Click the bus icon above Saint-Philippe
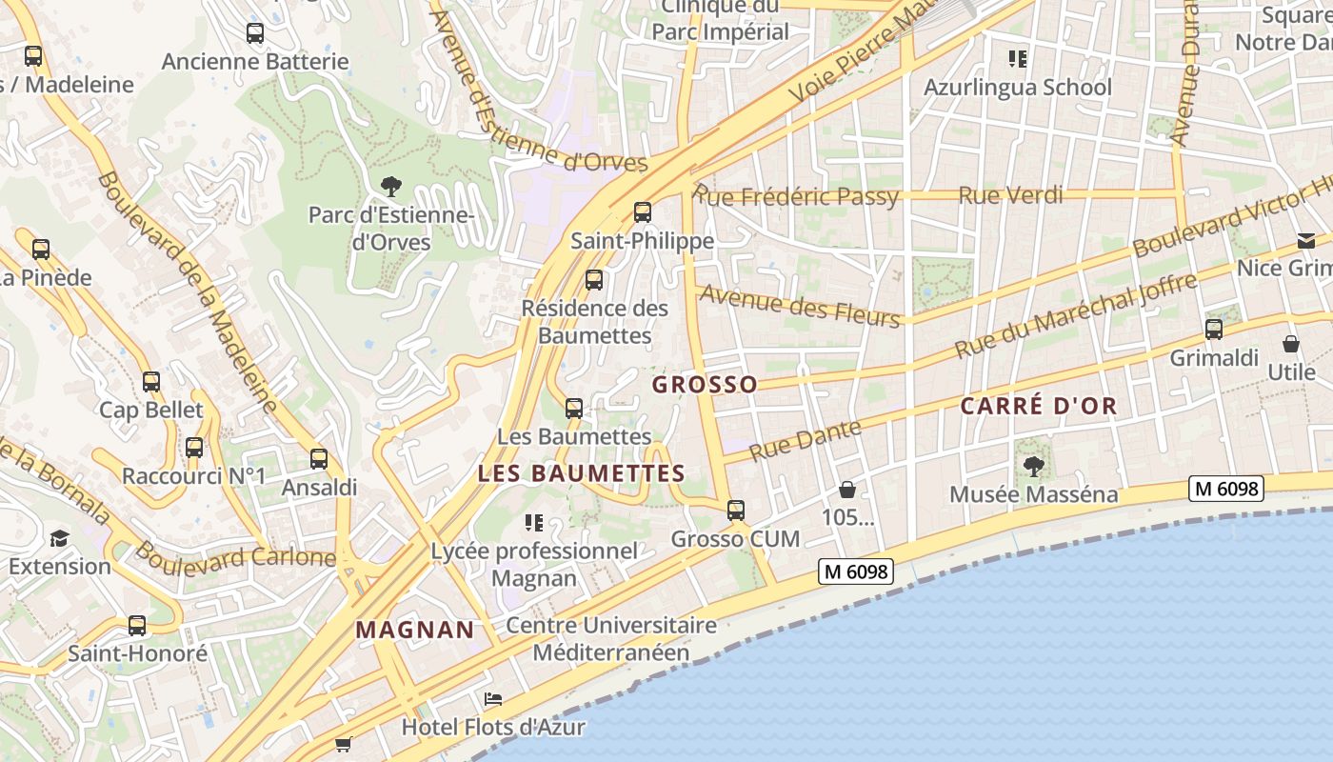coord(643,211)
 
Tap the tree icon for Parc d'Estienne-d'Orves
coord(390,186)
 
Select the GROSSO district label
coord(705,385)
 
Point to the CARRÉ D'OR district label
coord(1038,406)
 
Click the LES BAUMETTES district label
coord(581,473)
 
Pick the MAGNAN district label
coord(415,630)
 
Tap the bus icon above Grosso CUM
coord(736,510)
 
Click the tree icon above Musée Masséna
coord(1033,466)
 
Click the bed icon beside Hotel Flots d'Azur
coord(493,699)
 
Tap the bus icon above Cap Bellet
coord(151,382)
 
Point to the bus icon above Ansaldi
coord(319,458)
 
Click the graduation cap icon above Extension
coord(59,538)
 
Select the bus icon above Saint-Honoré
coord(137,626)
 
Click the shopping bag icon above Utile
coord(1291,343)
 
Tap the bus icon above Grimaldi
coord(1214,330)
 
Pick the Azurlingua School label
coord(1018,87)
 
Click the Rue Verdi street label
coord(1010,195)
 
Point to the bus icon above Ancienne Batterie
coord(255,33)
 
